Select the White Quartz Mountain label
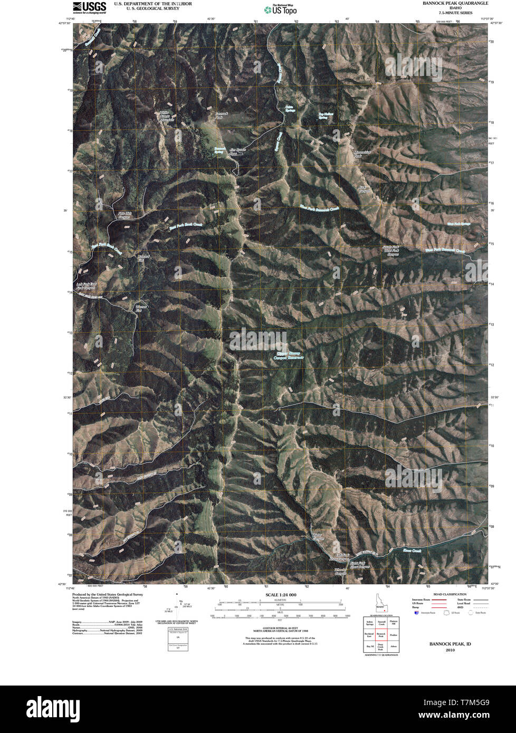(167, 116)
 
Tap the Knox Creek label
(413, 551)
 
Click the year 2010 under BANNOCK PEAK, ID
(450, 650)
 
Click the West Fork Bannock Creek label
(445, 251)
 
